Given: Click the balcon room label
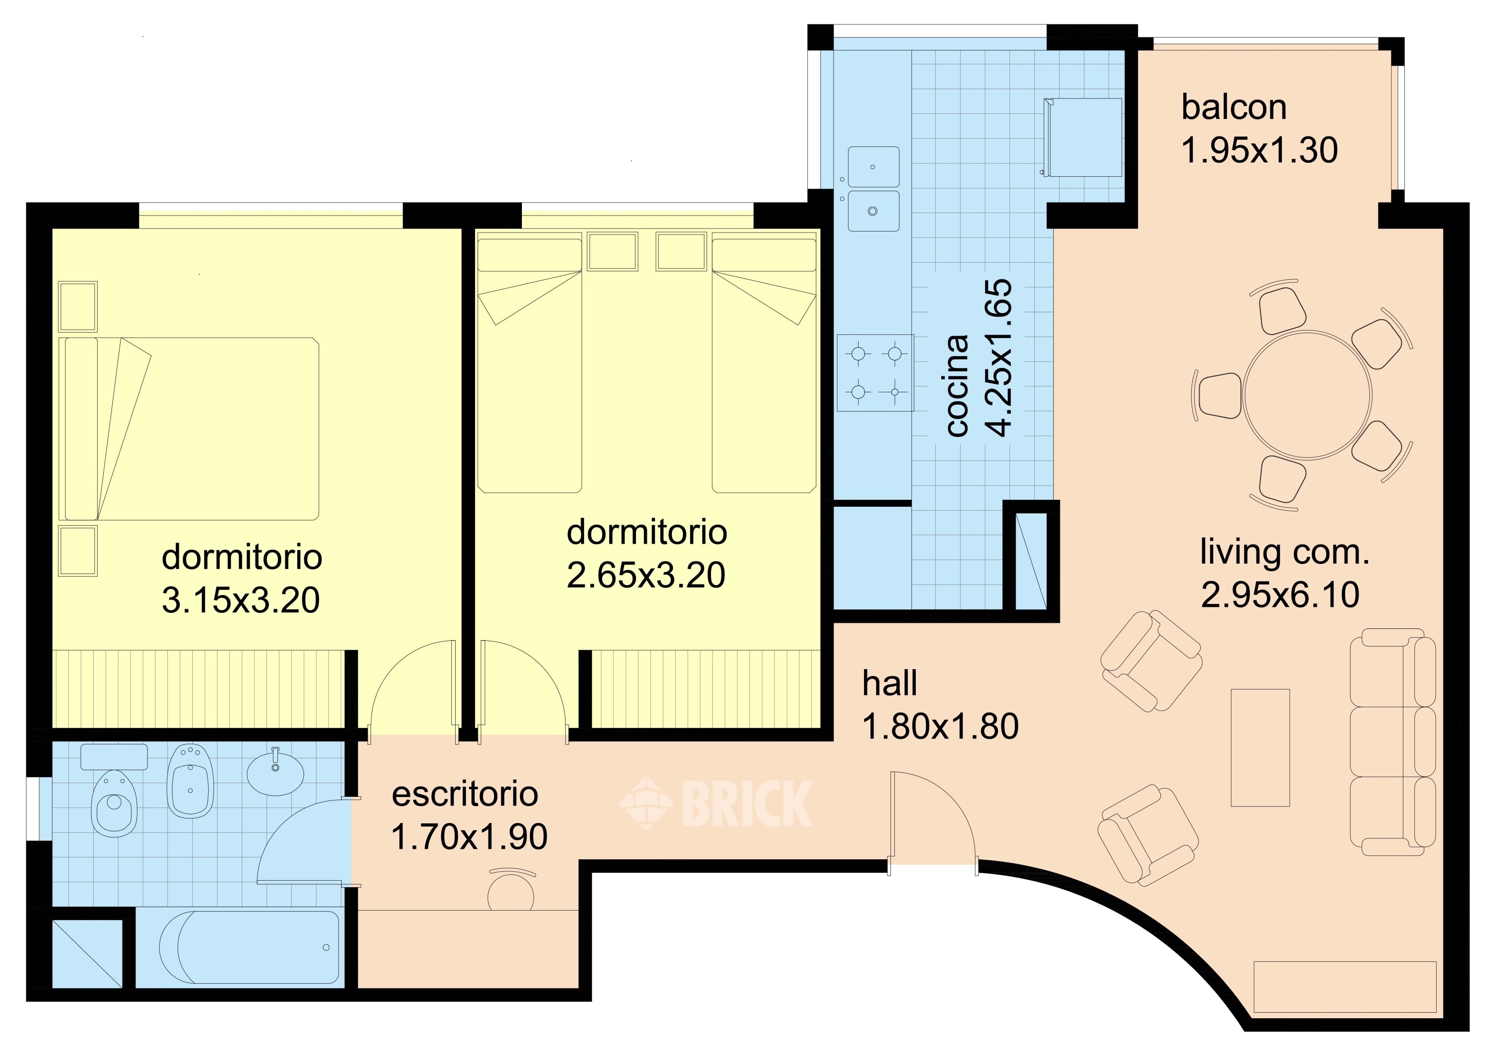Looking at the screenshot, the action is [x=1234, y=108].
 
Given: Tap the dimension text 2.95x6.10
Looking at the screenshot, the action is [x=1280, y=594].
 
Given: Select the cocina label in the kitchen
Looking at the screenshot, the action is [x=957, y=385].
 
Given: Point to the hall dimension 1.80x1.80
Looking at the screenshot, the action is [x=940, y=726].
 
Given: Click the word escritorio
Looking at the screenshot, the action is [x=465, y=794].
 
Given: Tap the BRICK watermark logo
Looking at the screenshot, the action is [x=716, y=804].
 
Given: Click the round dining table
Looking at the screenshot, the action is [x=1307, y=395].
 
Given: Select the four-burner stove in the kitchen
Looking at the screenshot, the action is [x=875, y=373].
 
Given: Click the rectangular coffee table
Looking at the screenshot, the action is [x=1260, y=748].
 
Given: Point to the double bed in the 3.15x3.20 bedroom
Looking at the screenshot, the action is [x=189, y=429].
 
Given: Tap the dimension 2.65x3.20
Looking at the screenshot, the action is [x=645, y=575].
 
